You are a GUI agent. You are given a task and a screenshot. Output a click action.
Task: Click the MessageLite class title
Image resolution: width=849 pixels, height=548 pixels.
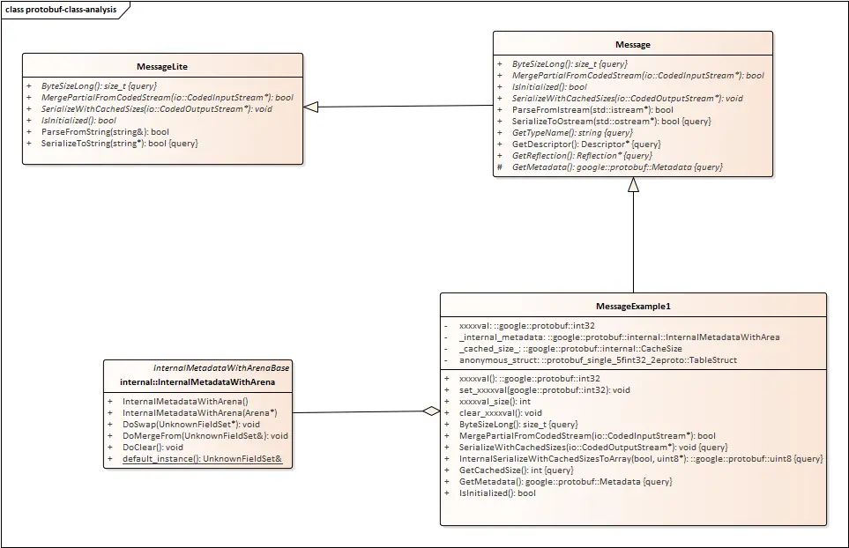coord(162,66)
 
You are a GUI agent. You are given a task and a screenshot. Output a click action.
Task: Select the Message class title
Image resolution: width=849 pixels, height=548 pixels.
coord(632,44)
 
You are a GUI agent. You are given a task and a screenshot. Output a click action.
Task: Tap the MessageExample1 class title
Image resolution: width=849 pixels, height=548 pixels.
coord(633,306)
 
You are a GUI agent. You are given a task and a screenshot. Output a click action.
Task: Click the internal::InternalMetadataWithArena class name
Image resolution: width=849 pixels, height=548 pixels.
coord(197,381)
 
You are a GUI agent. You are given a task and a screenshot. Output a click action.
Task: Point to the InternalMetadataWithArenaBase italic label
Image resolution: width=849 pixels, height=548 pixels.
coord(221,367)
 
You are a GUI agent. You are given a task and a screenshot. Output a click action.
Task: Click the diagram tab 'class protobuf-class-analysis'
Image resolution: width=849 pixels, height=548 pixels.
coord(59,9)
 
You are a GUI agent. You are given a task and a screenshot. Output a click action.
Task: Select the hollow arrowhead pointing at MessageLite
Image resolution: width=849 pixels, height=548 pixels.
coord(310,107)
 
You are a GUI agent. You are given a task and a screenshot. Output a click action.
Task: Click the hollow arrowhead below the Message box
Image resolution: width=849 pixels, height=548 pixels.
coord(633,185)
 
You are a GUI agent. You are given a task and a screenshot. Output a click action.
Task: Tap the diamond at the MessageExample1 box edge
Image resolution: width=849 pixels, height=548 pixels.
coord(430,411)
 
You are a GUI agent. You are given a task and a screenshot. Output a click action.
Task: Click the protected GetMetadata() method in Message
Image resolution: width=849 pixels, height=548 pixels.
coord(616,167)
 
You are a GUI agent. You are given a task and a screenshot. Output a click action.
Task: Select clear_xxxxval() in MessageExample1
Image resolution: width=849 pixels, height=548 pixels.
coord(501,412)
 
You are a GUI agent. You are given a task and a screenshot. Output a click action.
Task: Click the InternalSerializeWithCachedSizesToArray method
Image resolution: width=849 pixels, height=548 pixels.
coord(641,458)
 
